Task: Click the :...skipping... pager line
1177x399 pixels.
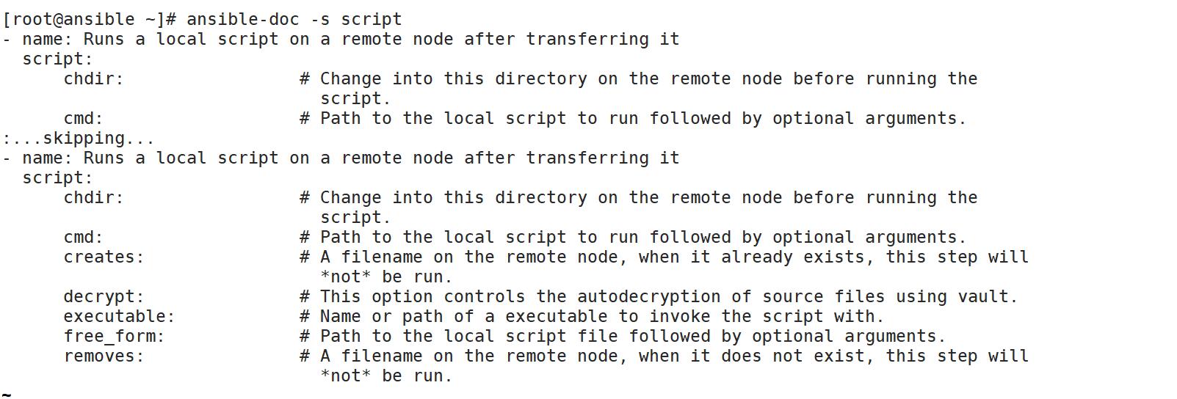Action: pos(79,138)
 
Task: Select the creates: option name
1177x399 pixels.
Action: pos(104,257)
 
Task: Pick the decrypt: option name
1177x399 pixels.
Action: pos(104,296)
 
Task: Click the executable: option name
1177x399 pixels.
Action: pos(120,316)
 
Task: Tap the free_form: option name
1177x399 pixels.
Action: pos(115,336)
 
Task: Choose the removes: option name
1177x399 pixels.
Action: pos(104,356)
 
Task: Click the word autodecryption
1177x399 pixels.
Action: pos(649,296)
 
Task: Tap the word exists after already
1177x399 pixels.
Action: pos(839,257)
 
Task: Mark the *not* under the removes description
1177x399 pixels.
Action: pos(346,376)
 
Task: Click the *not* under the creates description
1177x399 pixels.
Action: pos(346,277)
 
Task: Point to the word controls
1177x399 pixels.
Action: pos(485,296)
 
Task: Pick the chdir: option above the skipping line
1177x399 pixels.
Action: pos(94,78)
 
